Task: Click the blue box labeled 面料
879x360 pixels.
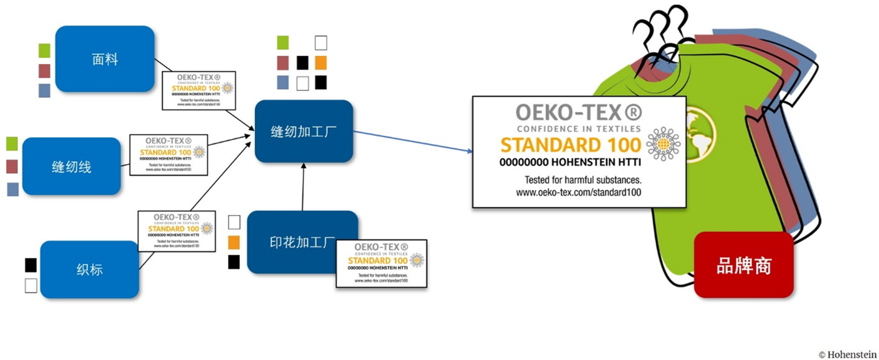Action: point(104,59)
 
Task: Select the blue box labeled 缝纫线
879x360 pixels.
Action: point(71,166)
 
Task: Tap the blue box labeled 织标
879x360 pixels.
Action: point(89,269)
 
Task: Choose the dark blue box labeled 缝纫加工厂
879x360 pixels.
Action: point(303,131)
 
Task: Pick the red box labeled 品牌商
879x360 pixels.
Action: point(743,265)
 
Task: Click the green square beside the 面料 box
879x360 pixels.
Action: point(45,51)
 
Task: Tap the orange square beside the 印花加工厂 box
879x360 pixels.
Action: point(234,242)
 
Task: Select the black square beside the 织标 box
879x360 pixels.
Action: point(31,265)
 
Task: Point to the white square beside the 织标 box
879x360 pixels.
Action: point(31,285)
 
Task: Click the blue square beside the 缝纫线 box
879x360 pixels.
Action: point(13,189)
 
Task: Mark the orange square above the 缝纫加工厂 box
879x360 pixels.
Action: point(320,63)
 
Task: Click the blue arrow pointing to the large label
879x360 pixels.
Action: point(413,141)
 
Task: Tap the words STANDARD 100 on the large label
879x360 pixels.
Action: point(571,146)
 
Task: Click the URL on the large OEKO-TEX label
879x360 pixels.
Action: point(578,193)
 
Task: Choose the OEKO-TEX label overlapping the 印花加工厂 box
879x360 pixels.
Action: point(381,264)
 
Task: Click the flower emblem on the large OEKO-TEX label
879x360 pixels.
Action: point(663,144)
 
